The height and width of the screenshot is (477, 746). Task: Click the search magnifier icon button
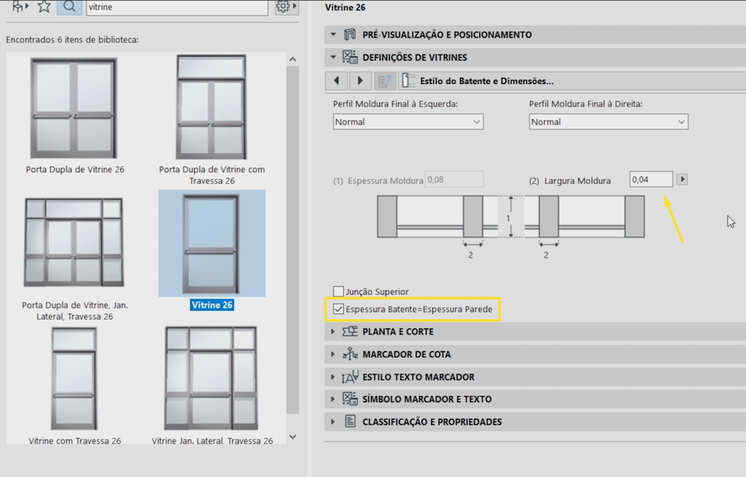[x=69, y=7]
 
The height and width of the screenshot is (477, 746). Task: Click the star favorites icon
[x=44, y=6]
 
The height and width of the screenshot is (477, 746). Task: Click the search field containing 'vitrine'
[x=177, y=7]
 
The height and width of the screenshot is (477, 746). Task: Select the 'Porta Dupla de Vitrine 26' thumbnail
[x=74, y=108]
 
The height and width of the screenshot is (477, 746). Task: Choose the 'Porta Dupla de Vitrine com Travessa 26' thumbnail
[x=211, y=107]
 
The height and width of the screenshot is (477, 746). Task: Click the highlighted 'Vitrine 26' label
[x=212, y=305]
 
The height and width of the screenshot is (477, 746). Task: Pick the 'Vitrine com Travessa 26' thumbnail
[x=74, y=378]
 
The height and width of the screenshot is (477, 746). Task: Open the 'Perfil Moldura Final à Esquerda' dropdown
[x=408, y=122]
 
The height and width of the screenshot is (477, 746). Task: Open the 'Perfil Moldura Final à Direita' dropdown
[x=609, y=122]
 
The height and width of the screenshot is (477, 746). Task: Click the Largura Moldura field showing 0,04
[x=651, y=179]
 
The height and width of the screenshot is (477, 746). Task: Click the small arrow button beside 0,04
[x=683, y=179]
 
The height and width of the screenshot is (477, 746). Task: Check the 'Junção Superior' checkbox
[x=338, y=291]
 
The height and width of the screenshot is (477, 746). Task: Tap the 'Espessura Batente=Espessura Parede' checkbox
[x=338, y=309]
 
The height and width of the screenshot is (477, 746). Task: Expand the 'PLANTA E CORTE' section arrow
[x=333, y=331]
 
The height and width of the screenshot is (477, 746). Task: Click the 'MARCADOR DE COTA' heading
[x=406, y=355]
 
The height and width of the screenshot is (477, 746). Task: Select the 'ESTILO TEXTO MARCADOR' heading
[x=418, y=377]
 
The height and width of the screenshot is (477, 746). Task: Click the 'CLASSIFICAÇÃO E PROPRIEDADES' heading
[x=432, y=422]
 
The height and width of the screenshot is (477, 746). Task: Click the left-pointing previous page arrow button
[x=337, y=81]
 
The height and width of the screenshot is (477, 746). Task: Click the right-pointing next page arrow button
[x=360, y=81]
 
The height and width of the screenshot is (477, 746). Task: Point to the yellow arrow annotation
[x=674, y=219]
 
